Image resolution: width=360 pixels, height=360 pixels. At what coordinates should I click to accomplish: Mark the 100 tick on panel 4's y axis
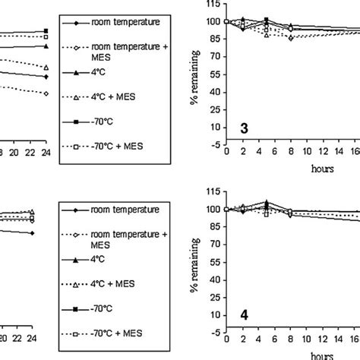tap(213, 210)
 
